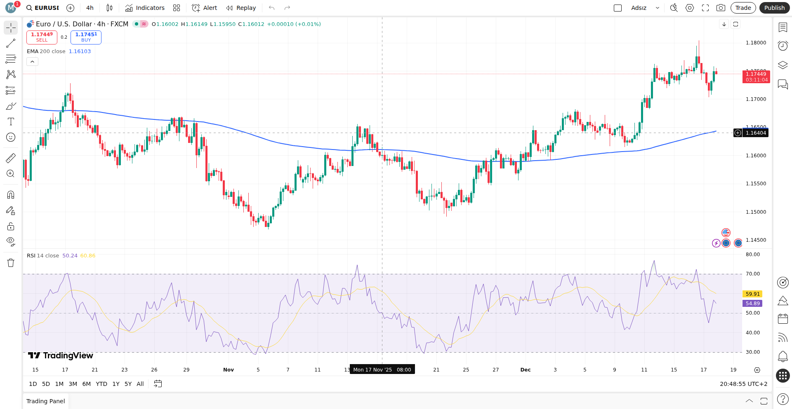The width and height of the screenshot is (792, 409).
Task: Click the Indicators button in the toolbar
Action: [145, 8]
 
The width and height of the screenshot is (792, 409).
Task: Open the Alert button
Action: [205, 8]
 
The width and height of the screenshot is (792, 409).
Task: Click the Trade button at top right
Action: [743, 8]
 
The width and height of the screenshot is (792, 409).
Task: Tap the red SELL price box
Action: [42, 37]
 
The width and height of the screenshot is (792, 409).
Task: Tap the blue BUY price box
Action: [86, 37]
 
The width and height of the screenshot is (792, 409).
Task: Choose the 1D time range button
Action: [33, 384]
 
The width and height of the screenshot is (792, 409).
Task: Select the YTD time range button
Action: [101, 384]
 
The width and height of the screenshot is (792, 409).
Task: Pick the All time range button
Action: [140, 384]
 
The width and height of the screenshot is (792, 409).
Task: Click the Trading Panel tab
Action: [45, 401]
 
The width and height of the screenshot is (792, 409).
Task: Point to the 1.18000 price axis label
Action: [756, 43]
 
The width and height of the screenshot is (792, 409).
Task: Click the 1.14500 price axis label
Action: [756, 240]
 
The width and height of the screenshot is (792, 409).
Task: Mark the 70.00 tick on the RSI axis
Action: [753, 274]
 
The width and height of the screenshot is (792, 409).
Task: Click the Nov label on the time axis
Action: [229, 370]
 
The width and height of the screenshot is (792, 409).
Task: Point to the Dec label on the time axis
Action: [526, 370]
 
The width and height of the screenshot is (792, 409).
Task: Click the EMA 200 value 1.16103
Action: [80, 51]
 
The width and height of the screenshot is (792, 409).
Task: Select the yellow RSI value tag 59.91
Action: [752, 294]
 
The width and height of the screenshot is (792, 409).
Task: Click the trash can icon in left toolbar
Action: [11, 263]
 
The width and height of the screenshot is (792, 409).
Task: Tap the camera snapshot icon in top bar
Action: [721, 8]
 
